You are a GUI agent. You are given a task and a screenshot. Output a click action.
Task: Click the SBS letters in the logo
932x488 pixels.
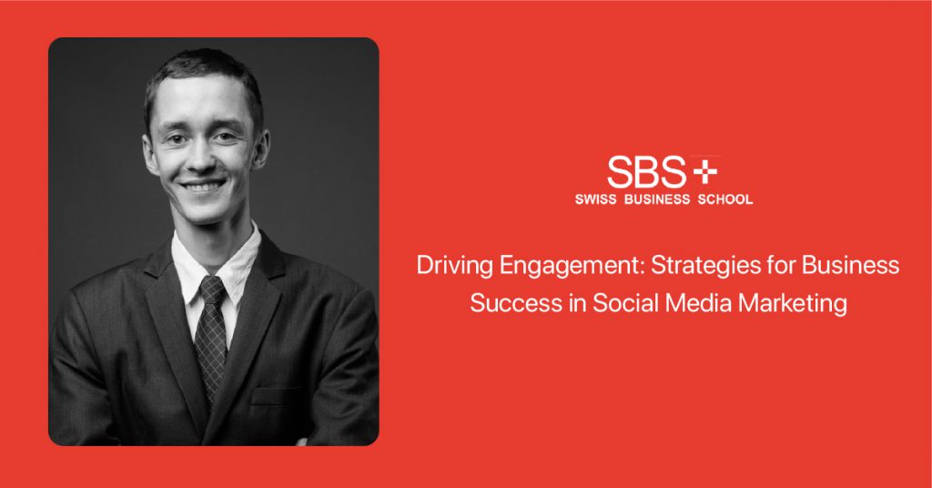coord(647,172)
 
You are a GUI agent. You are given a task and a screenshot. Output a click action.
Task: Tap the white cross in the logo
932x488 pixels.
coord(705,172)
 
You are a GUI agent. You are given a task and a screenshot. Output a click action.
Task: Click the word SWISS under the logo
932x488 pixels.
coord(595,199)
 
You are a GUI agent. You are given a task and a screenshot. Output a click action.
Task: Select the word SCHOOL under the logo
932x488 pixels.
coord(725,199)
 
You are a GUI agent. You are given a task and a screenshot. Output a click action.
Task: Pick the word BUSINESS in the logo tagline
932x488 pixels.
coord(657,199)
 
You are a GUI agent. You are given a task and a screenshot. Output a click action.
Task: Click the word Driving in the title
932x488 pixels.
coord(455,265)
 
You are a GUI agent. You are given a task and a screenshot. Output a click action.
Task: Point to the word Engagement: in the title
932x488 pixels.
coord(572,266)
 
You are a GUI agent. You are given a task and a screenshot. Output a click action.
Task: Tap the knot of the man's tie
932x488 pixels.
coord(212,290)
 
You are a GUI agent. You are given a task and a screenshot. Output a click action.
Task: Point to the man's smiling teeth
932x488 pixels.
coord(203,186)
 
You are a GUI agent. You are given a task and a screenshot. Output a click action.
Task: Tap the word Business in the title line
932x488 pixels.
coord(851,265)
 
